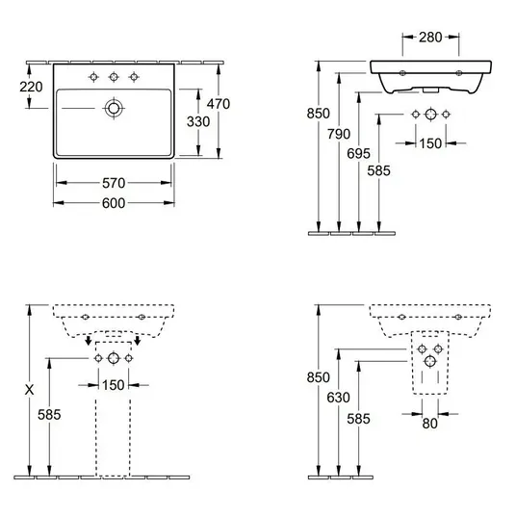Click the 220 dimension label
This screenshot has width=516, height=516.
31,87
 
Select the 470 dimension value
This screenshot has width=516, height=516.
219,104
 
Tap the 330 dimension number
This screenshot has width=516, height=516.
198,121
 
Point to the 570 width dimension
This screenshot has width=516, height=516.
114,183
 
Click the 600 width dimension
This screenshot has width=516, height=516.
114,203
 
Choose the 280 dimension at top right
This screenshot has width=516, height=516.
430,38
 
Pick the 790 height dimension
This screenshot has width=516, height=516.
339,134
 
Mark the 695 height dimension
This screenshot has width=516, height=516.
359,153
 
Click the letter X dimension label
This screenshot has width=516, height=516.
29,390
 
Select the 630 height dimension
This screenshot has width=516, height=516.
338,398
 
